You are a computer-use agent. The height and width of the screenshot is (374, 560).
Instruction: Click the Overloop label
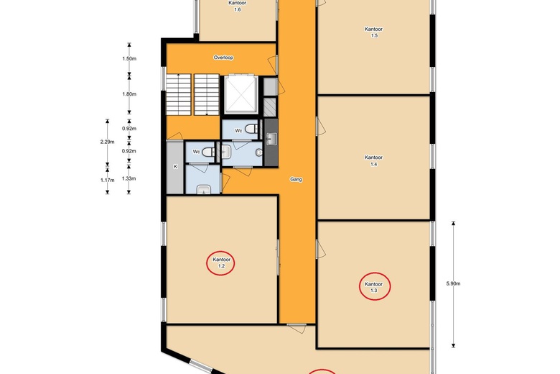point(223,58)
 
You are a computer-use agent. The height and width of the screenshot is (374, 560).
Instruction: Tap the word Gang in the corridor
point(296,179)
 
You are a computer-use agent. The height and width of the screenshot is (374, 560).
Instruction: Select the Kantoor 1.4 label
point(373,160)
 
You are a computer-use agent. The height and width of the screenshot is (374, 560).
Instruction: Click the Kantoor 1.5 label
point(373,32)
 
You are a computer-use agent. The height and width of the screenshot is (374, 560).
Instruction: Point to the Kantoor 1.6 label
point(238,6)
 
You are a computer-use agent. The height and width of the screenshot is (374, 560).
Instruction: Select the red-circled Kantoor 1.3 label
point(373,287)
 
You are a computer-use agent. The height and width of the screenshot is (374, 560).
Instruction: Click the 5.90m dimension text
point(453,283)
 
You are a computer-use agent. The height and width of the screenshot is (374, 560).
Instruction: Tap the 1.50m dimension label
point(129,58)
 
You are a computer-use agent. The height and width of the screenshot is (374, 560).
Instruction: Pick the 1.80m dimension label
point(129,94)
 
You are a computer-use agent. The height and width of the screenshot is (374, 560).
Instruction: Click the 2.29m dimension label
point(107,142)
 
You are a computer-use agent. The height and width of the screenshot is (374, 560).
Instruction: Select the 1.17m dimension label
point(107,180)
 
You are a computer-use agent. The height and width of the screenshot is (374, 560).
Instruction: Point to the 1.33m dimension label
point(129,178)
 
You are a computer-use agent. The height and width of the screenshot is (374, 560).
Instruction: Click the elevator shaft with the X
point(241,94)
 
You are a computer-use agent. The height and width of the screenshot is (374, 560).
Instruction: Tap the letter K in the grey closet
point(175,166)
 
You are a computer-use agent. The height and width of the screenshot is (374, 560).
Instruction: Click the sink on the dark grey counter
point(271,140)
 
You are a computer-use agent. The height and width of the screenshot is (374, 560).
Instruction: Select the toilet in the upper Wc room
point(251,129)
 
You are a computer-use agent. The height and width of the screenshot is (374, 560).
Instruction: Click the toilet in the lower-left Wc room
point(209,152)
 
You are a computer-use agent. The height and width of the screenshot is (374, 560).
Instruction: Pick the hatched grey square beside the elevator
point(270,106)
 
